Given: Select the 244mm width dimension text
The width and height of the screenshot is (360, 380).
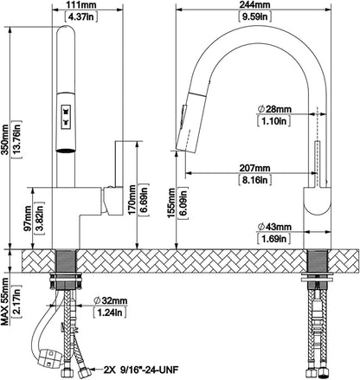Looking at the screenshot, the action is (x=255, y=5).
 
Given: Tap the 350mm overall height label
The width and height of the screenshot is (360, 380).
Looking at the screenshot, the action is (x=5, y=139).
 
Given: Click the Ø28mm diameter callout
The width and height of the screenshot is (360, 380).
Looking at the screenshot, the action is (x=274, y=109).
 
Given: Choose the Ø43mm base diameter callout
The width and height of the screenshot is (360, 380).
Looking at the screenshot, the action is (x=274, y=227).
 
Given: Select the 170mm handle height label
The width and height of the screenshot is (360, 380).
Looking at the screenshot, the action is (x=132, y=200).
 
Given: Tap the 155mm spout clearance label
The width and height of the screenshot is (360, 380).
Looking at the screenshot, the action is (x=172, y=203).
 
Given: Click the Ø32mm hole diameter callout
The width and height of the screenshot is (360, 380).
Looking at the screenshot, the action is (x=111, y=300).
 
